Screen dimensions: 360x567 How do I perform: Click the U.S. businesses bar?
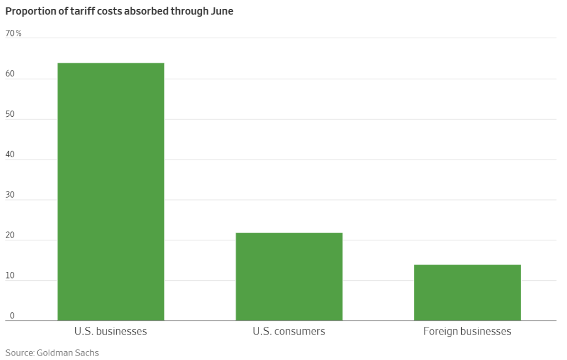[111, 192]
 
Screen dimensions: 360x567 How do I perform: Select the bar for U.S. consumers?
[289, 276]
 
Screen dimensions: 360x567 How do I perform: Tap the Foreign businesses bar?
[467, 292]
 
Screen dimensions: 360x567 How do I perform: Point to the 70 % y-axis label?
[13, 33]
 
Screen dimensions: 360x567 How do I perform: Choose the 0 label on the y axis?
[11, 316]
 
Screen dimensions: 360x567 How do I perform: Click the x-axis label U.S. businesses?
[111, 332]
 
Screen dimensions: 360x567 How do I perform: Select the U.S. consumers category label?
[289, 332]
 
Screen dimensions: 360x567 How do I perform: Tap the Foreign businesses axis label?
[467, 332]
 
